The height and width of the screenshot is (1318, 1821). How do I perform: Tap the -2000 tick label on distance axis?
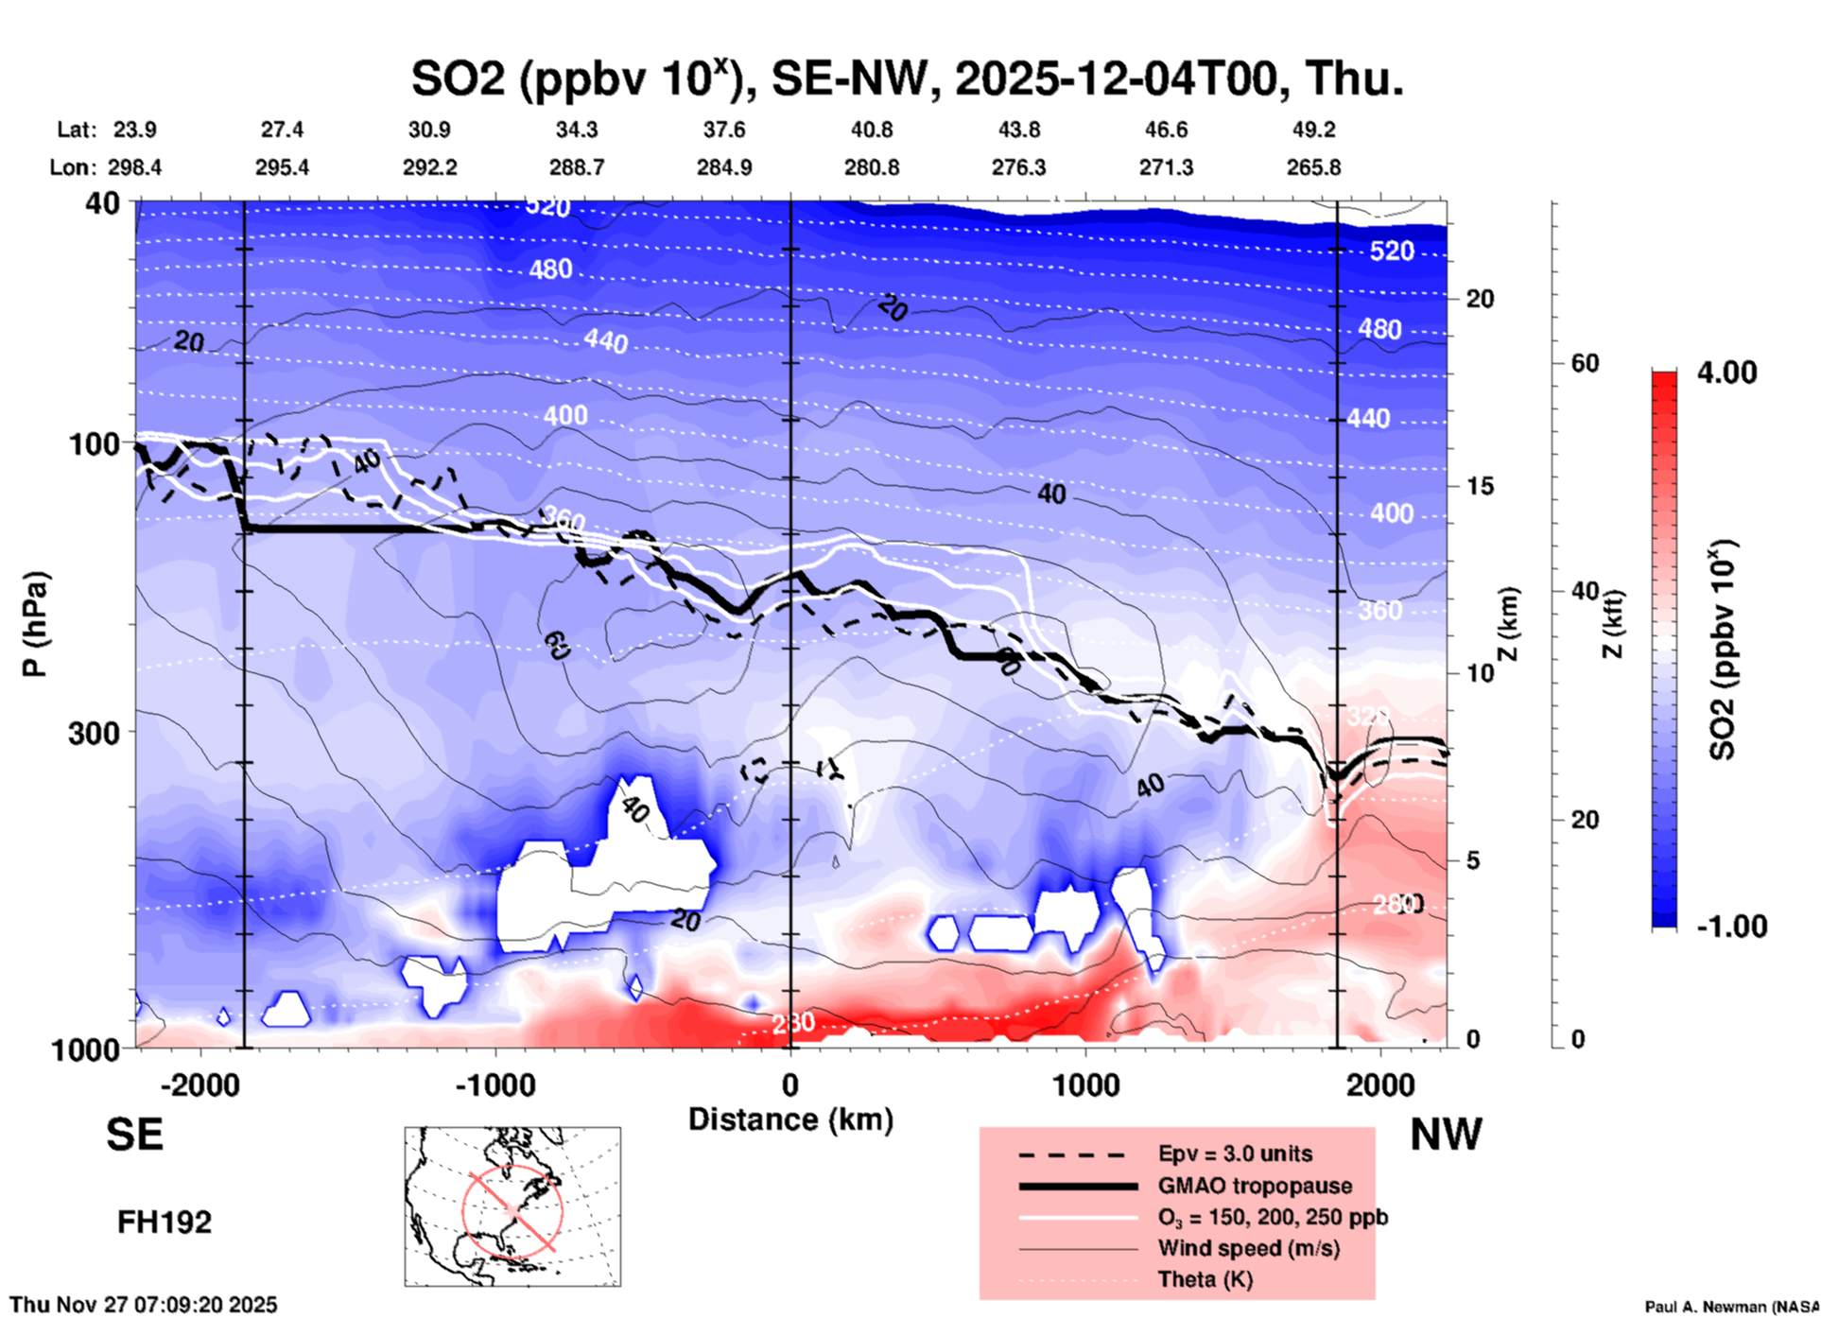pos(199,1085)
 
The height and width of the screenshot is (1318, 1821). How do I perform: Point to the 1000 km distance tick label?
pos(1084,1085)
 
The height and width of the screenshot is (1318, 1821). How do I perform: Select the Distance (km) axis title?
pos(790,1120)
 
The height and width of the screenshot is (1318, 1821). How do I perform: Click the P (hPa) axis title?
pos(35,624)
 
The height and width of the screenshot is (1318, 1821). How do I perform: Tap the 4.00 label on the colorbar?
pos(1726,373)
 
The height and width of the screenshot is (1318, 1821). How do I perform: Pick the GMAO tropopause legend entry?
pos(1254,1186)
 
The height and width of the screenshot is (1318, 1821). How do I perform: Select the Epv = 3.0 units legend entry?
pos(1234,1154)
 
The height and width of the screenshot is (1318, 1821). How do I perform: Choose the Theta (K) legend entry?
pos(1205,1280)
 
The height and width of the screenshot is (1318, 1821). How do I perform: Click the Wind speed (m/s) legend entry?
pos(1248,1249)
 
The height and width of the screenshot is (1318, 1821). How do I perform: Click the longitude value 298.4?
pos(133,168)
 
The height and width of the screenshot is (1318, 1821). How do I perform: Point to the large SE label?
pos(134,1135)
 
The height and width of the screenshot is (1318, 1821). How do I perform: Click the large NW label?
pos(1445,1135)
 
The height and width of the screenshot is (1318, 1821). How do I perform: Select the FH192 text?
pos(164,1223)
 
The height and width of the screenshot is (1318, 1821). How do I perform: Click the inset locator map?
pos(512,1206)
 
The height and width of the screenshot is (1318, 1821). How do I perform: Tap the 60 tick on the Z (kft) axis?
pos(1584,363)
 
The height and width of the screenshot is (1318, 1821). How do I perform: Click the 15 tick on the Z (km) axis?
pos(1480,486)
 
